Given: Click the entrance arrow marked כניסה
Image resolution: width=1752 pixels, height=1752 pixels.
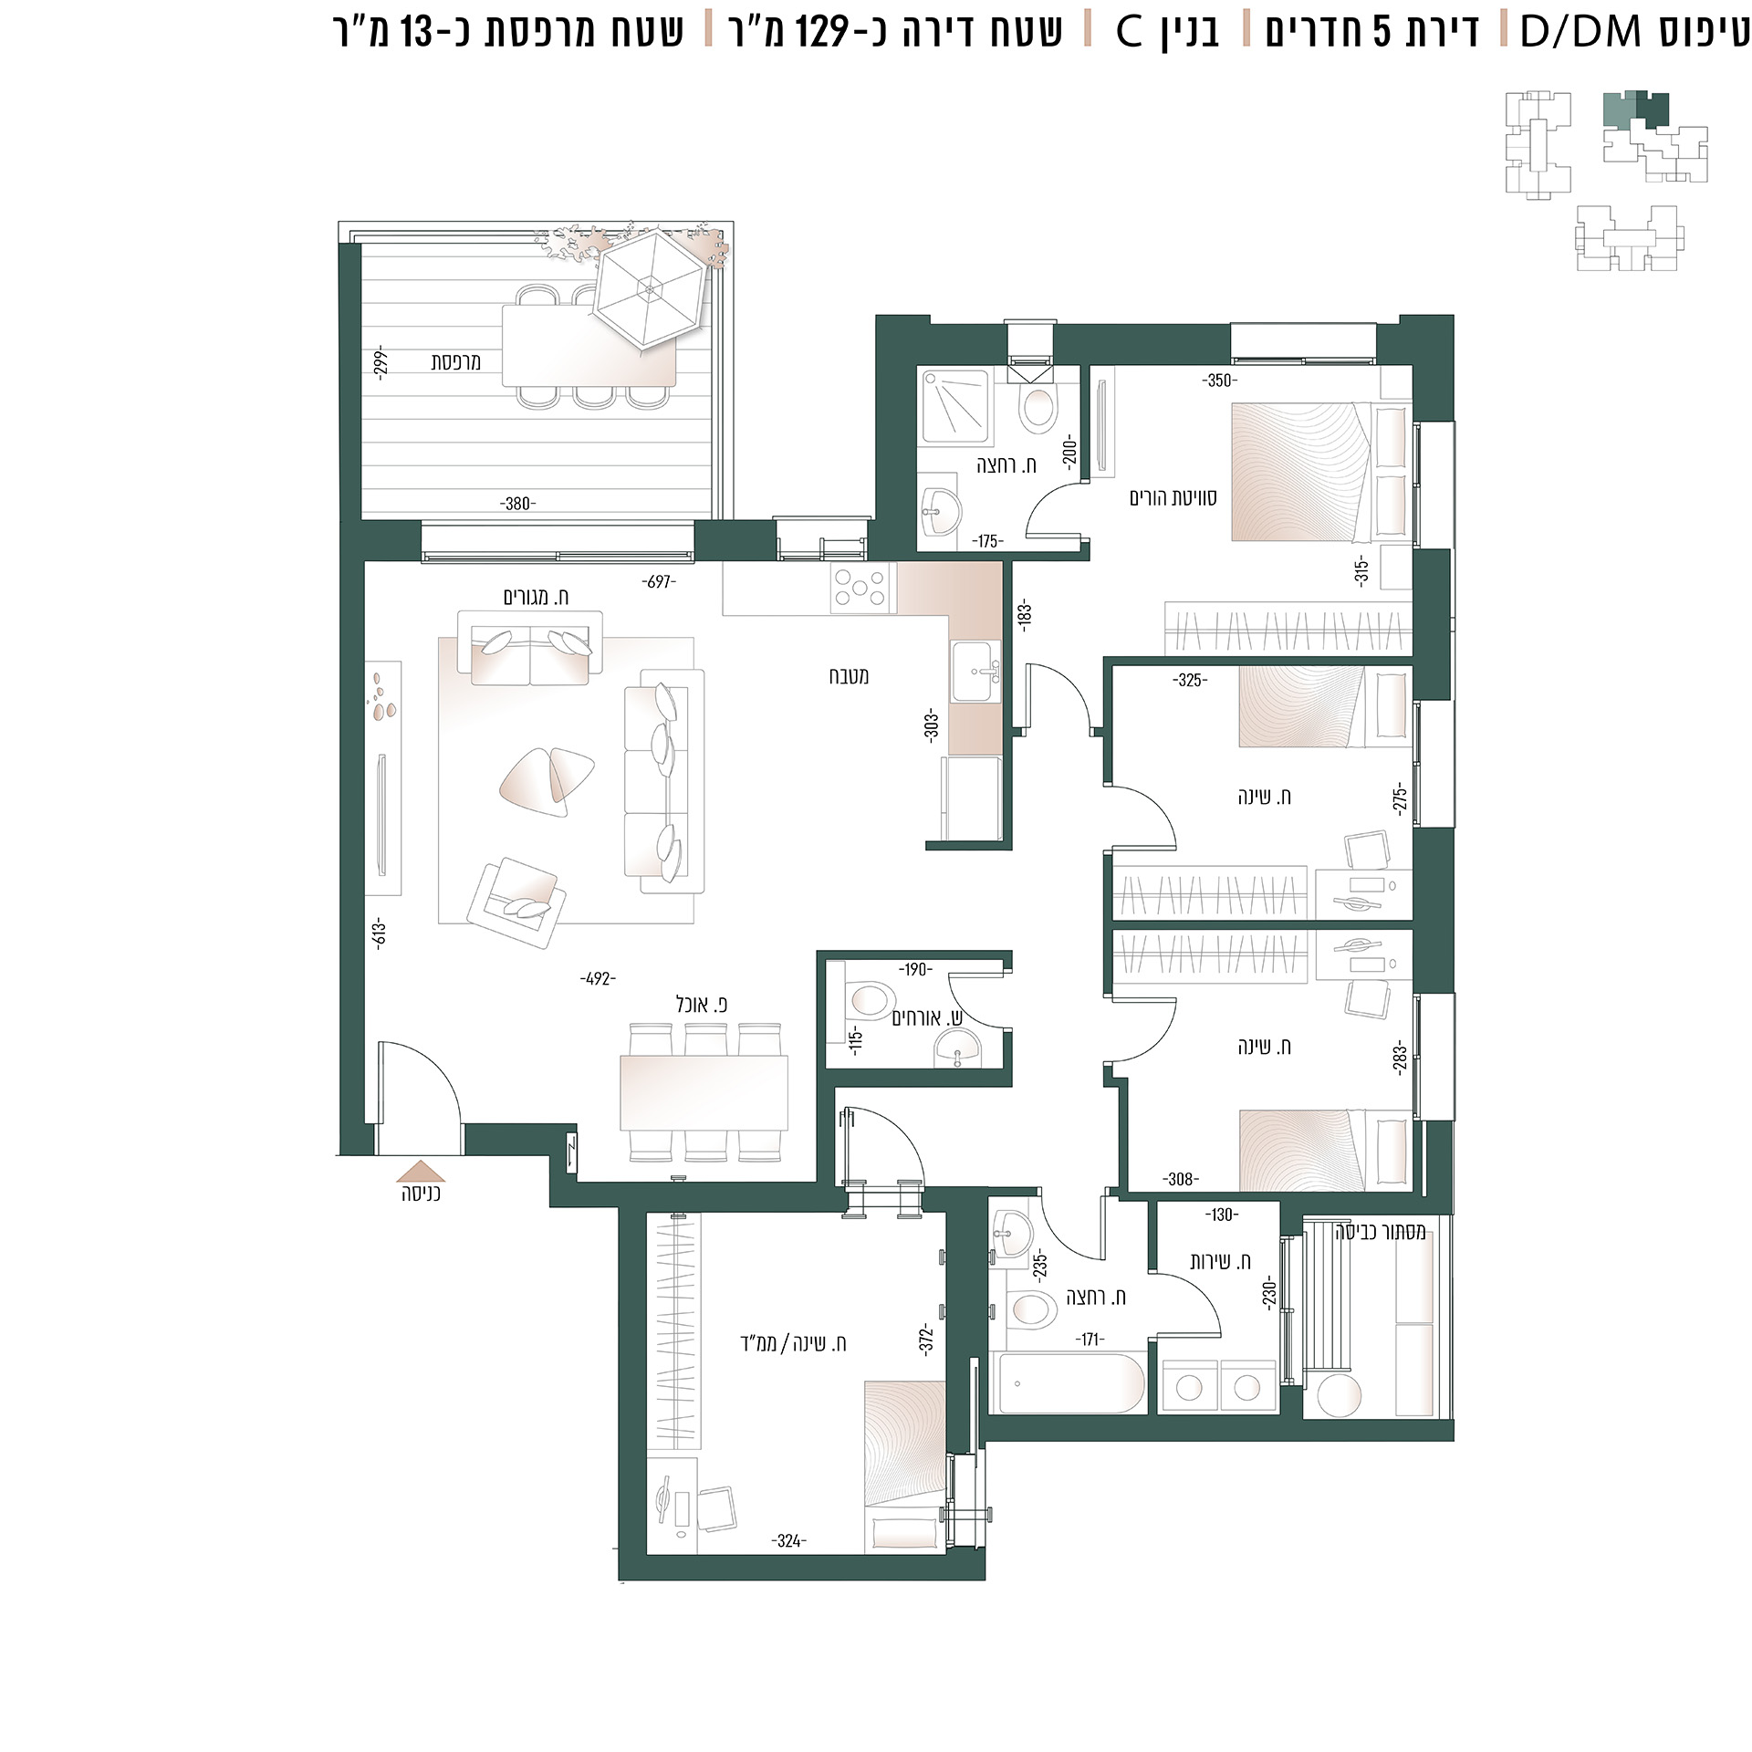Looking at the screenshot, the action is (421, 1171).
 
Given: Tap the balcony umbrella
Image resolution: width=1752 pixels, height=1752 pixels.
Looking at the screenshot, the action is (649, 289).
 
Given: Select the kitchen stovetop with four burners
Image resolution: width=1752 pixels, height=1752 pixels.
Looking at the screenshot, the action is (860, 588).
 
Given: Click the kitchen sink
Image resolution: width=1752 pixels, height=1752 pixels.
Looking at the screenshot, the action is (975, 672).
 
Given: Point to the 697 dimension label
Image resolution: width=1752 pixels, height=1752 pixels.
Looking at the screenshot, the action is (659, 581).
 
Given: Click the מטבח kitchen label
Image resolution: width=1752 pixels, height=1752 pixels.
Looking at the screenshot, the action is (849, 676).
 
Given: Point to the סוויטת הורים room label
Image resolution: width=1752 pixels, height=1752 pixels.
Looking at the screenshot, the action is (1173, 498).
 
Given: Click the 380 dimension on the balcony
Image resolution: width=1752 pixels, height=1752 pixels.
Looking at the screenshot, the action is (517, 504).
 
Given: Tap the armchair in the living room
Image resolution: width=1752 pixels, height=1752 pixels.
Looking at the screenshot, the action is (516, 904).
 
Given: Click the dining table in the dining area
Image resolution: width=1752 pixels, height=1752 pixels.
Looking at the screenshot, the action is (704, 1093).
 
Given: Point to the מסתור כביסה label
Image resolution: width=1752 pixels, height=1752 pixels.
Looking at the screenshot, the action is (1380, 1233).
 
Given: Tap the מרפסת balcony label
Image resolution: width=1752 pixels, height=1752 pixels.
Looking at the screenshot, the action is (455, 361).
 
